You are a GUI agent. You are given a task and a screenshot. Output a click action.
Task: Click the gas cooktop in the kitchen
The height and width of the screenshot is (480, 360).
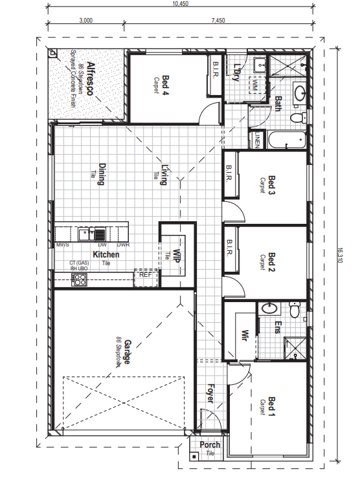coord(79,279)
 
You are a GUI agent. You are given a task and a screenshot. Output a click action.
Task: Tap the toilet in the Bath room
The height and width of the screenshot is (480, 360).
coord(298,118)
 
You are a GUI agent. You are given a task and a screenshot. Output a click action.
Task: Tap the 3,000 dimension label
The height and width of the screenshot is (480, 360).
coord(86,21)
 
